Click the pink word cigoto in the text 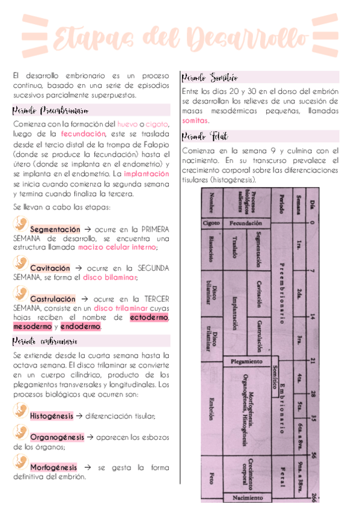157,124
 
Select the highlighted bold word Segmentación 55,229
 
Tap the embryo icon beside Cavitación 20,263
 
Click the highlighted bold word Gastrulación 53,298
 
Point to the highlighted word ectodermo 150,317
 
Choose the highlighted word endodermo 81,327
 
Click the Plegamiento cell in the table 245,361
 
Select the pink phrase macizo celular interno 117,247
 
